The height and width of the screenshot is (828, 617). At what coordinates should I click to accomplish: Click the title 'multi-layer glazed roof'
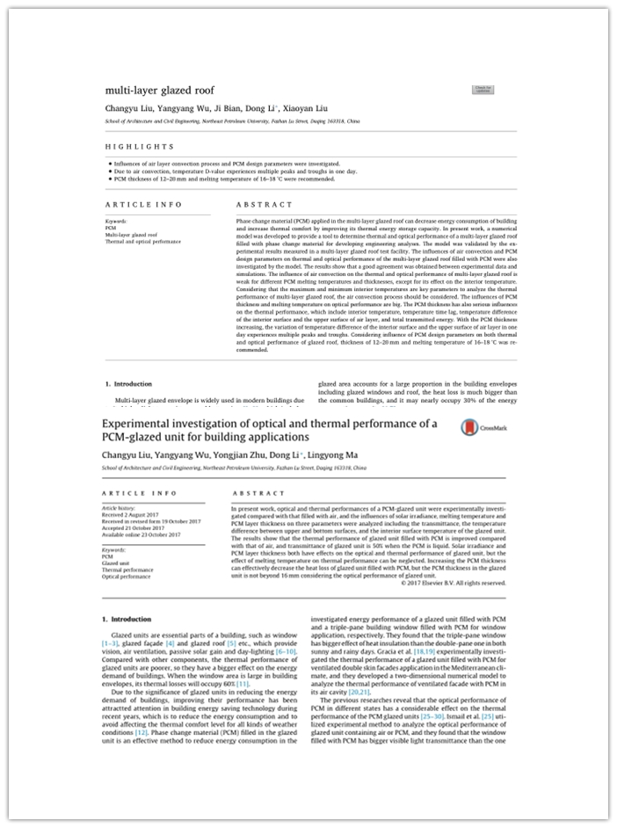[x=159, y=90]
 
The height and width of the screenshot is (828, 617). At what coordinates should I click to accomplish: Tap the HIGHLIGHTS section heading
[x=140, y=146]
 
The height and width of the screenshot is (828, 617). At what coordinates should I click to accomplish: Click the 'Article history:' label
[x=122, y=507]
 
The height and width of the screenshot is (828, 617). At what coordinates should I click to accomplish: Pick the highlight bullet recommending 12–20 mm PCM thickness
[x=223, y=178]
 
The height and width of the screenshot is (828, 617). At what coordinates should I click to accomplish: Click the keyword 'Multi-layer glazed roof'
[x=132, y=235]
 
